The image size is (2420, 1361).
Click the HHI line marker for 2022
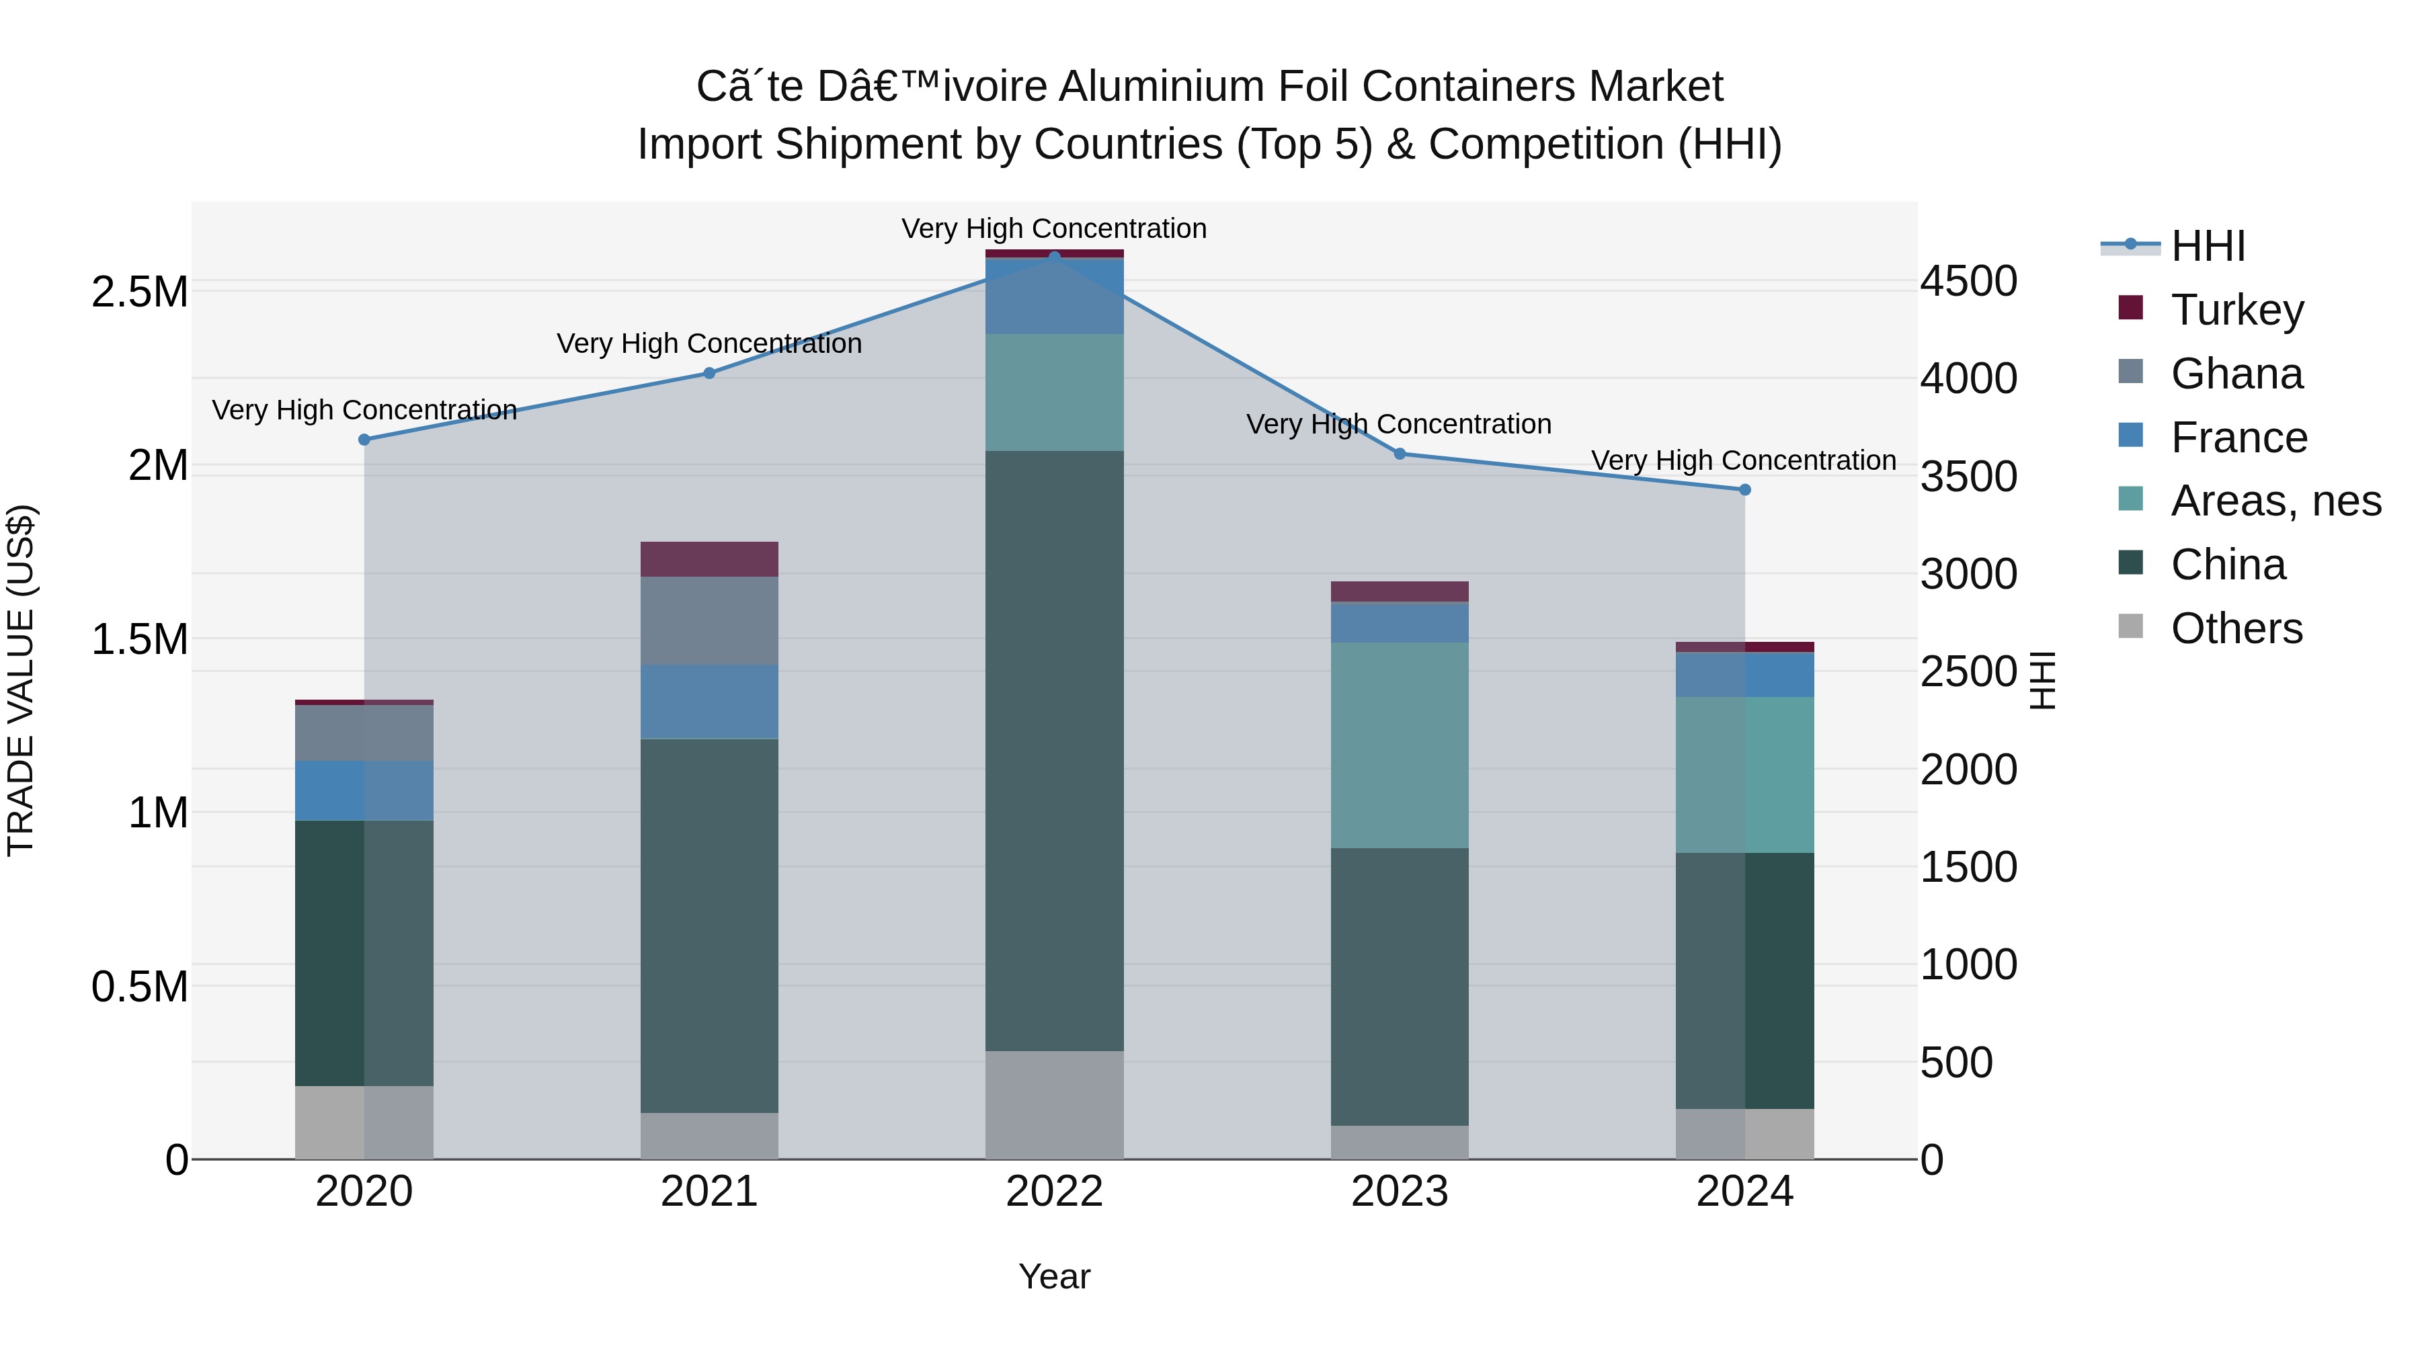click(x=1054, y=257)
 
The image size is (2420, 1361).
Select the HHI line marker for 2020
click(x=364, y=440)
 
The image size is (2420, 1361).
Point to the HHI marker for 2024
click(x=1744, y=489)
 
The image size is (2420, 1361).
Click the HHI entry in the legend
click(x=2208, y=246)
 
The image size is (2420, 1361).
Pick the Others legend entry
click(x=2236, y=628)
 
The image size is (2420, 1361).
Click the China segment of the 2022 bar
click(x=1054, y=751)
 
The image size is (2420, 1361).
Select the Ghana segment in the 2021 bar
click(x=709, y=621)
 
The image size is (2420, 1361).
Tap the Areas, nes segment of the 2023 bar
click(x=1399, y=745)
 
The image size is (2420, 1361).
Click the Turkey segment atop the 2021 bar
click(x=709, y=559)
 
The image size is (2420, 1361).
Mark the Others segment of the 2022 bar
click(x=1054, y=1104)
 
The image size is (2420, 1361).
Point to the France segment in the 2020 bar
click(x=364, y=791)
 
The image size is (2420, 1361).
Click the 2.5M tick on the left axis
click(x=139, y=292)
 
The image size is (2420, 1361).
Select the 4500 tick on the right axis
click(x=1968, y=281)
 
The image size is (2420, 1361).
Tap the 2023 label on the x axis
click(x=1399, y=1192)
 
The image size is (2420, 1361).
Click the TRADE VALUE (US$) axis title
click(x=21, y=680)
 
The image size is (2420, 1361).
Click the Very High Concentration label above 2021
click(x=709, y=343)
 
